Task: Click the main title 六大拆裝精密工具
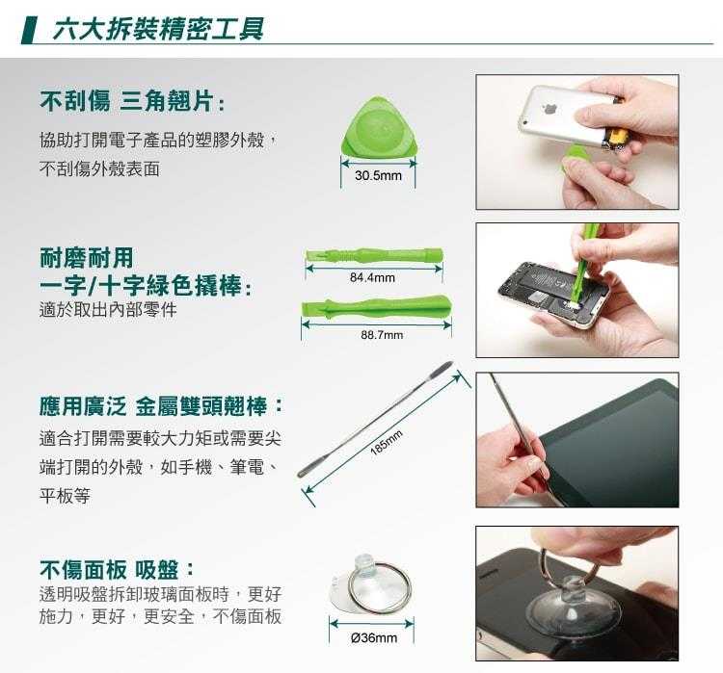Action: point(158,29)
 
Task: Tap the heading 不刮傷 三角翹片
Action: point(132,101)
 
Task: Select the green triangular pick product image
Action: point(379,127)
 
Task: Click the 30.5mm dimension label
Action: point(378,175)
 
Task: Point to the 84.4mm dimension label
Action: point(372,277)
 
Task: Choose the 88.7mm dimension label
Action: point(382,335)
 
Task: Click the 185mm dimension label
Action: point(387,442)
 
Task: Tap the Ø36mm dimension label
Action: point(373,638)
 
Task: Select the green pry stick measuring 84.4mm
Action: point(374,255)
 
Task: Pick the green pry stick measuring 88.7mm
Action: point(376,306)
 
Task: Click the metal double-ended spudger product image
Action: point(375,419)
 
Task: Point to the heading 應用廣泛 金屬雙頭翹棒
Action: point(161,406)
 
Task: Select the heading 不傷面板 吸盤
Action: point(117,570)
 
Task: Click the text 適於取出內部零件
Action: point(108,310)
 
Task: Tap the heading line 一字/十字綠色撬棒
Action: point(146,286)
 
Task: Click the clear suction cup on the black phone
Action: point(573,608)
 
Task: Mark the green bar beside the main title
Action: point(30,30)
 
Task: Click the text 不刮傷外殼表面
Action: point(99,169)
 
